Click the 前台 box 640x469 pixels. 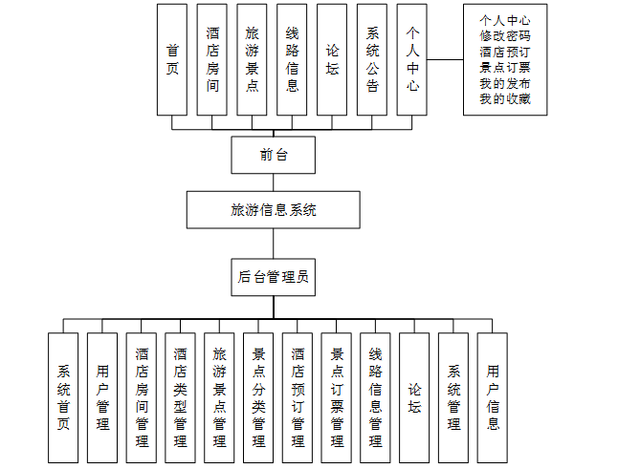(273, 155)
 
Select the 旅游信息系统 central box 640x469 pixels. (273, 209)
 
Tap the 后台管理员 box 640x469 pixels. (273, 278)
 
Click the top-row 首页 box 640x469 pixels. (172, 59)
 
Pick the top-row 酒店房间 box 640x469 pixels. (212, 59)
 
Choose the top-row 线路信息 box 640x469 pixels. (292, 59)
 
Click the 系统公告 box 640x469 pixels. (372, 59)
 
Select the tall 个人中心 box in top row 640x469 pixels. (411, 59)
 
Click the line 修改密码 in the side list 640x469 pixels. (505, 36)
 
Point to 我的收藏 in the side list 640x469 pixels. (505, 98)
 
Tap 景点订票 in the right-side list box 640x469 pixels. (505, 68)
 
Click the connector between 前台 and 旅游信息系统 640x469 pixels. (273, 182)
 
